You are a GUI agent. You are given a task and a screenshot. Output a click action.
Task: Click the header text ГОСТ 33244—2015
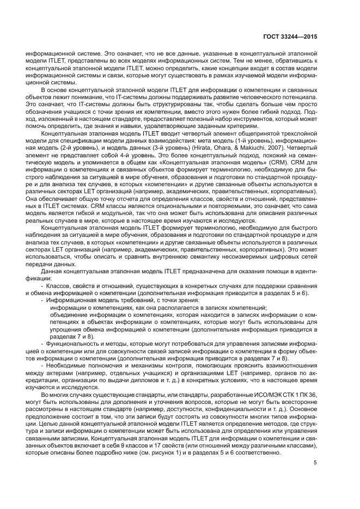click(x=289, y=38)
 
